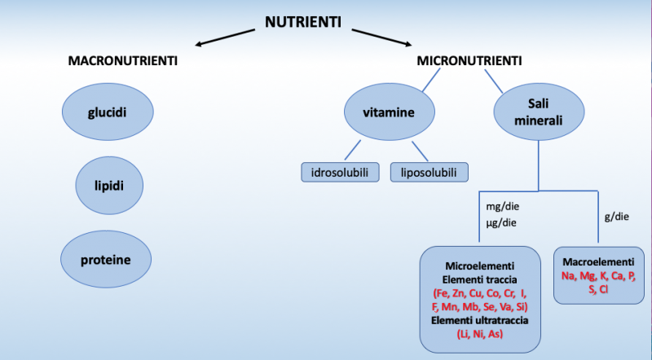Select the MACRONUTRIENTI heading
pos(123,61)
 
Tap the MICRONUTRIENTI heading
pos(470,61)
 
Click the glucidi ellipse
pos(108,112)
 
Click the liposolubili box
pos(430,172)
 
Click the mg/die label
pos(502,207)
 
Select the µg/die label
pos(502,222)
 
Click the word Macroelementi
pos(599,262)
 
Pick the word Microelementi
pos(480,266)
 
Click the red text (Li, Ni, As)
pos(480,335)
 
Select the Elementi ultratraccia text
pos(480,321)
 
